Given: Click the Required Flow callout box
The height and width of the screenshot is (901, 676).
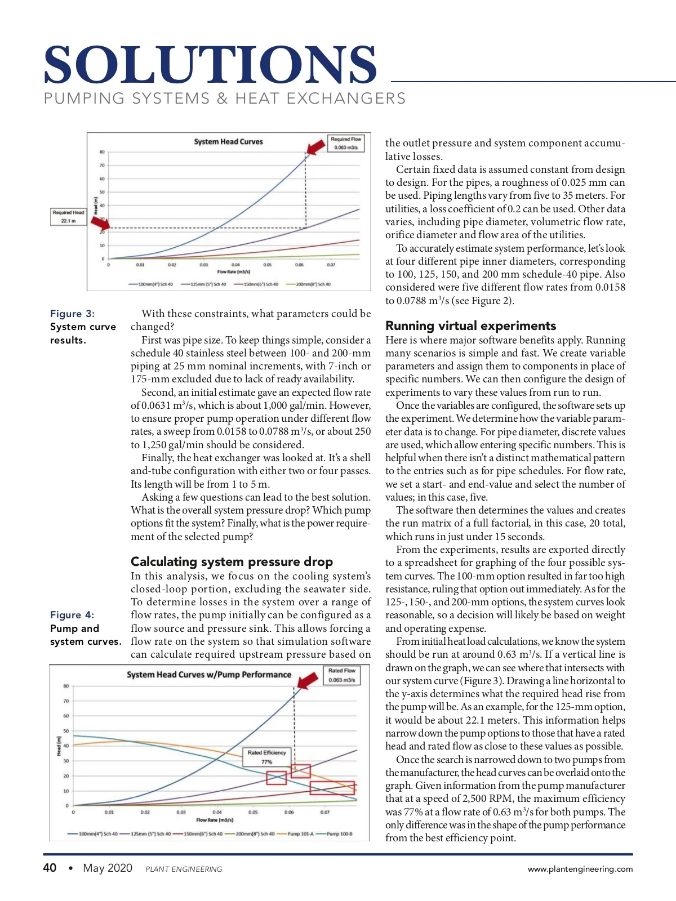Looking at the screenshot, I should tap(346, 143).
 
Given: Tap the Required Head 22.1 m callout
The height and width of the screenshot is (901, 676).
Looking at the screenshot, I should tap(68, 216).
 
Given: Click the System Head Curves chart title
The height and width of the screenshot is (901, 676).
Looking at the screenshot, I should tap(228, 142).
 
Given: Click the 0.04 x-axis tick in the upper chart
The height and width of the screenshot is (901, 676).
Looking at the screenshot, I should tap(235, 265).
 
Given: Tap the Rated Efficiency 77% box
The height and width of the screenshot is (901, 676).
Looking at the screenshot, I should tap(266, 756).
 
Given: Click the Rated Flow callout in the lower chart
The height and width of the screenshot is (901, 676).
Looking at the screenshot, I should tap(341, 675).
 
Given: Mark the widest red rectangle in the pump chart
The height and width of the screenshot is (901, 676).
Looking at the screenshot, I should tap(332, 788).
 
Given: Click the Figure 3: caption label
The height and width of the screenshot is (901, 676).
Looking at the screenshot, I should tap(72, 314).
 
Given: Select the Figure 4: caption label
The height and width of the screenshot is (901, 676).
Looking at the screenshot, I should tap(72, 615).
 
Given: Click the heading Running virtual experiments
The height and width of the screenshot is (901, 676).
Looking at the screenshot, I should tap(470, 325).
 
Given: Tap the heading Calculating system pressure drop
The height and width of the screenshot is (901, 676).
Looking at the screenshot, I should tap(232, 561).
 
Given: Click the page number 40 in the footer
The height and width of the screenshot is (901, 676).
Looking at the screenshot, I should tap(50, 868).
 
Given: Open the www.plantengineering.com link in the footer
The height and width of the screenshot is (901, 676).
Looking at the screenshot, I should tap(580, 869).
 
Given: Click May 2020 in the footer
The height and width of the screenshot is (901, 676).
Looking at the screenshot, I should tap(108, 868).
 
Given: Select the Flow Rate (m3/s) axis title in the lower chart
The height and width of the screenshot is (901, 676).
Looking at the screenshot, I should tap(215, 820).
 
